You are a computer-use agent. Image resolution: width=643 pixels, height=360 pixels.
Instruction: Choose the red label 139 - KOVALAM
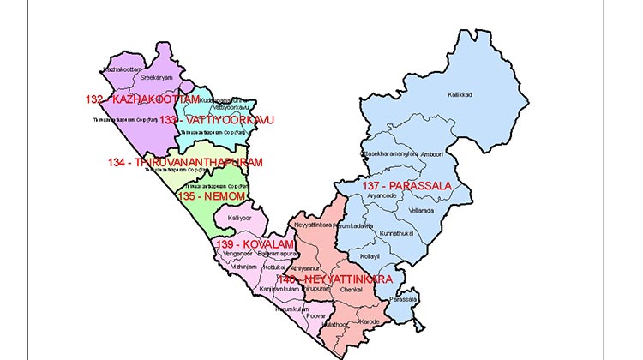(254, 245)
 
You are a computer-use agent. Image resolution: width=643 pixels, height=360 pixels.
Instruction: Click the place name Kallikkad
(460, 94)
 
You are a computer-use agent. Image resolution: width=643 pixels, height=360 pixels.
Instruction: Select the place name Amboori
(431, 153)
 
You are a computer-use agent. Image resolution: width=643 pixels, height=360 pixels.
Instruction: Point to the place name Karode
(369, 322)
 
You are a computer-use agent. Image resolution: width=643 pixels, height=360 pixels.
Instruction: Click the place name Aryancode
(383, 196)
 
